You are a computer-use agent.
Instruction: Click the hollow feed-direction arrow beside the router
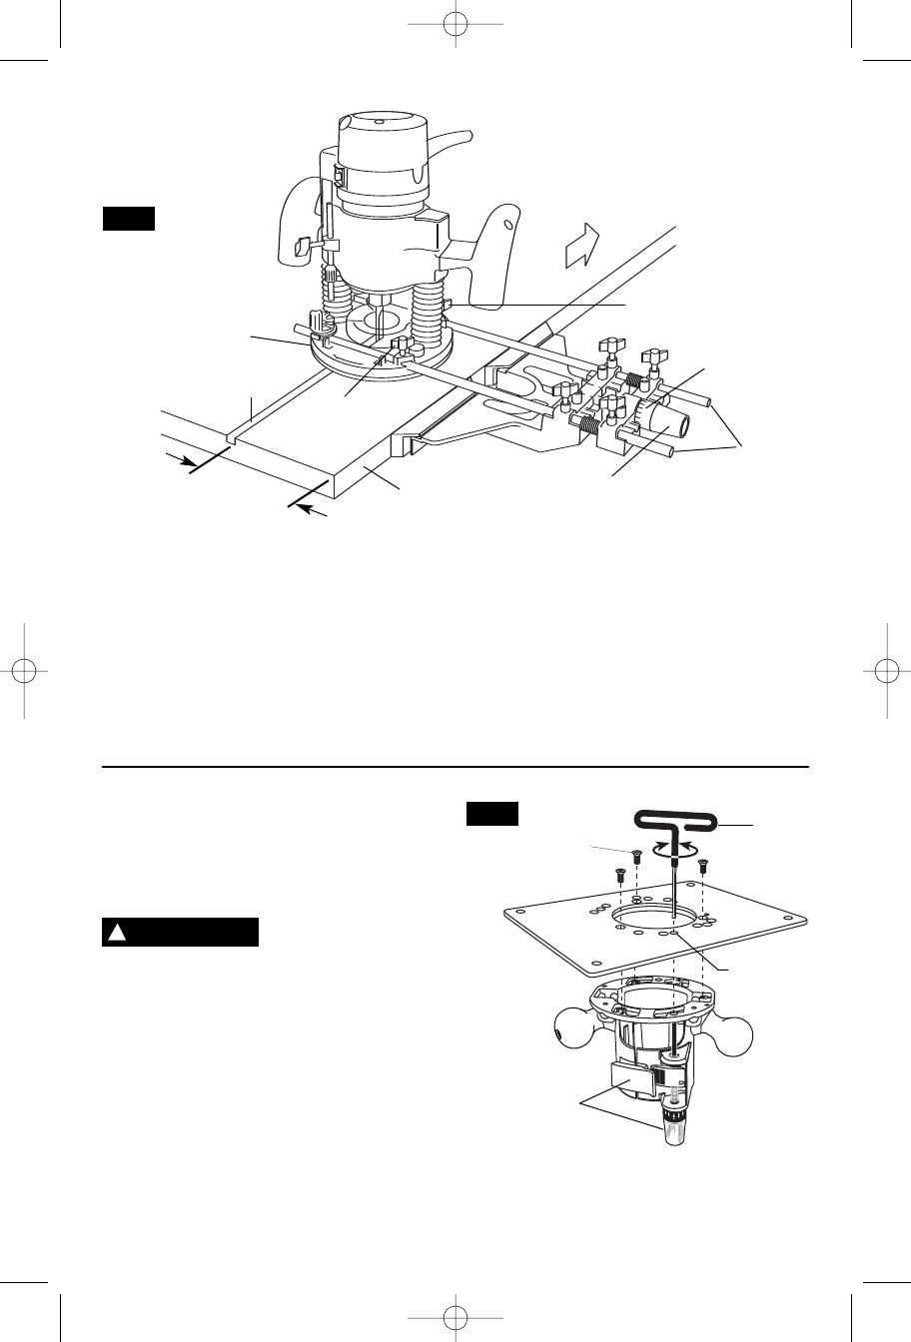coord(581,245)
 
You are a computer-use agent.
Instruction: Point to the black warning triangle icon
coord(116,933)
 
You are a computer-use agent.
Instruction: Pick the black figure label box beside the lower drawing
coord(491,815)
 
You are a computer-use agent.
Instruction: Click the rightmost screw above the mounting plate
coord(703,864)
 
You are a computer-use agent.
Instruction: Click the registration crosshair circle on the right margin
coord(887,671)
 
